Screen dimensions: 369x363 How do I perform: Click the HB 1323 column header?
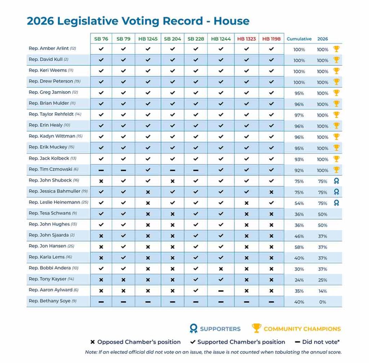pos(246,39)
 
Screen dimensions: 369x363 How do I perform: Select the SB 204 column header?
pos(173,39)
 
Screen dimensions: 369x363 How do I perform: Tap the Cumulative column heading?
pos(299,39)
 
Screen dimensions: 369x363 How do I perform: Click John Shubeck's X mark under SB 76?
pos(101,181)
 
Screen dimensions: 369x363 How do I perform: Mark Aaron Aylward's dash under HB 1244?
pos(221,291)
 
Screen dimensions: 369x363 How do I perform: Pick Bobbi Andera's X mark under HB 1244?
pos(221,269)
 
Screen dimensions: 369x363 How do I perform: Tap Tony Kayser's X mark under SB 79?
pos(123,280)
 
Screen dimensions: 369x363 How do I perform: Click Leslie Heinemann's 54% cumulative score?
pos(299,203)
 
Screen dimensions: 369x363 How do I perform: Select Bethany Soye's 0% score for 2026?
pos(323,302)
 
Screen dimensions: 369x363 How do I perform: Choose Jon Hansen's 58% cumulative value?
pos(299,247)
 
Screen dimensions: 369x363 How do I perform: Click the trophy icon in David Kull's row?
pos(337,60)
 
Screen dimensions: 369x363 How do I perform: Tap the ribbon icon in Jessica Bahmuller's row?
pos(337,192)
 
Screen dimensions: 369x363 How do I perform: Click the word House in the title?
pos(231,21)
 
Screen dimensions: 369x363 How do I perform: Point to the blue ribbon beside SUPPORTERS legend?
pos(194,328)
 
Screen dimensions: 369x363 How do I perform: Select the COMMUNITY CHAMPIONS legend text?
pos(302,329)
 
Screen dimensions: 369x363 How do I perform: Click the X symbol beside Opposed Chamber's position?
pos(93,342)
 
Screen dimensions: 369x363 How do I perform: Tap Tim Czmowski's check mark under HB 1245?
pos(148,170)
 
